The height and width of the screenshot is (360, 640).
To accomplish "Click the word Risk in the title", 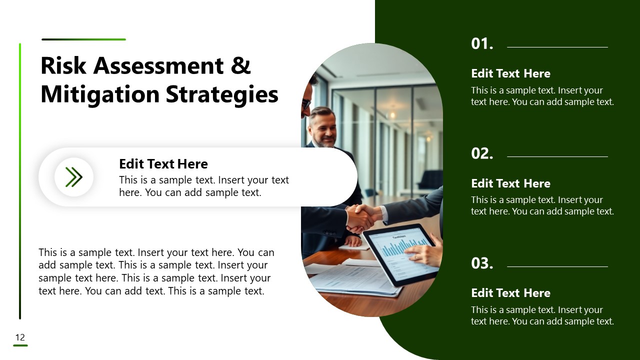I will click(62, 66).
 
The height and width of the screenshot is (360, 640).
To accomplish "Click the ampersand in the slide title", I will click(241, 66).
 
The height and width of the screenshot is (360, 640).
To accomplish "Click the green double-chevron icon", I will click(74, 177).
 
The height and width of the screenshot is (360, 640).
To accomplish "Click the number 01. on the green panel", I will click(482, 44).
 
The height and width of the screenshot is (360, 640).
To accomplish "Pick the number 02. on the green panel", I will click(482, 153).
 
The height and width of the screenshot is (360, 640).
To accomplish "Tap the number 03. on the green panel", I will click(482, 263).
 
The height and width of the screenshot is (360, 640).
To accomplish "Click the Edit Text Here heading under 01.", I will click(510, 73).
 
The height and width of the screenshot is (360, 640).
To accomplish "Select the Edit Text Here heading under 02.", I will click(510, 183).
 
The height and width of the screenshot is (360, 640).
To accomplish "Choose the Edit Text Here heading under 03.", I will click(510, 293).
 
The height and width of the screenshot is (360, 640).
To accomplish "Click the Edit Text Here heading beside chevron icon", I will click(163, 164).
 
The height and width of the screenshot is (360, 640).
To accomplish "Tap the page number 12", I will click(20, 337).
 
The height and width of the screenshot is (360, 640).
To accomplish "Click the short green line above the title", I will click(83, 39).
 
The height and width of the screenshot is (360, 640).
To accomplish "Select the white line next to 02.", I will click(557, 156).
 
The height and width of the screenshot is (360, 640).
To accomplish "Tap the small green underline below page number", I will click(20, 345).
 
